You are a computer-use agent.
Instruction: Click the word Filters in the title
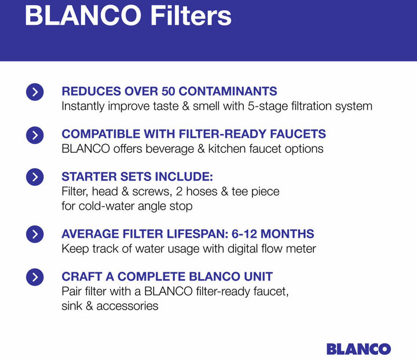191,16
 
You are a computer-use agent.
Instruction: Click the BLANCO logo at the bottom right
359,349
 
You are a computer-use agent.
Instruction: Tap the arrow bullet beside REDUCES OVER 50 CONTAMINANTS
35,92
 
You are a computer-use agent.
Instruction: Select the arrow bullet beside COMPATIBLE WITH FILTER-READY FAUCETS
35,135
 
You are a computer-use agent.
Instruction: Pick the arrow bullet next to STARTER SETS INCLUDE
35,177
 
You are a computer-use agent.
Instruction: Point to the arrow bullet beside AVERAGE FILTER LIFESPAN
35,234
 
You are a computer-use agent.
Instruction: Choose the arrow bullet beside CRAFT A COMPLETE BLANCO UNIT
35,277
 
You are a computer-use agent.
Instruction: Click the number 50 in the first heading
168,91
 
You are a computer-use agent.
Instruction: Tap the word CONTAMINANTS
228,91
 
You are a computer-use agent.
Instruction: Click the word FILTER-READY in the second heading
222,134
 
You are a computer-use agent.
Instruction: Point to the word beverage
170,149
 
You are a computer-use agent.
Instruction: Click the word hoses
202,192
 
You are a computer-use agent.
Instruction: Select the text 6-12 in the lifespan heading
244,234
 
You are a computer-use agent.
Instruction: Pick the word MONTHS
287,234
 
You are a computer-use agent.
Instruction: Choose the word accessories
127,306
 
